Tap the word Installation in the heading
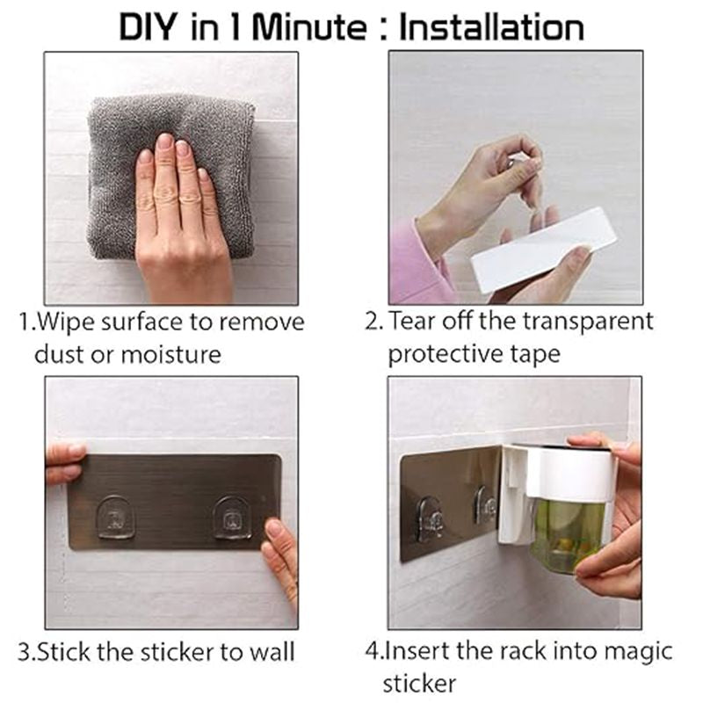tap(491, 26)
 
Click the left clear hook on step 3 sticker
tap(115, 518)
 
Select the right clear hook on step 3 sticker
tap(232, 518)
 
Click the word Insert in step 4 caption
tap(413, 652)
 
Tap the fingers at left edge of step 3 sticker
tap(64, 463)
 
